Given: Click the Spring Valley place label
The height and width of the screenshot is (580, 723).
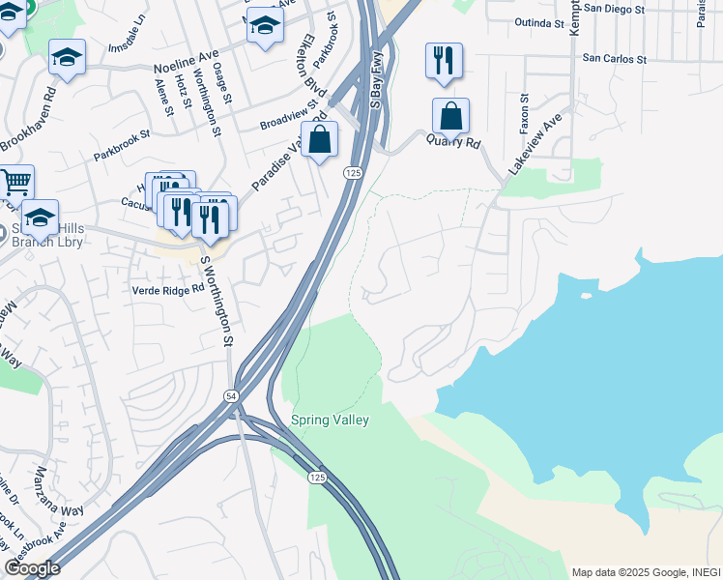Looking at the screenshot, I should pyautogui.click(x=330, y=420).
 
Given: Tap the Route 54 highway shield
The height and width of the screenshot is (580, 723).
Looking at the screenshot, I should pyautogui.click(x=231, y=396).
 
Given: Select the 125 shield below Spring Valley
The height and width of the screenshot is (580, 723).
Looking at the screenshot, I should pyautogui.click(x=317, y=478).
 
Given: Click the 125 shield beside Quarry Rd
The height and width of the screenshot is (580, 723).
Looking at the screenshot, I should pyautogui.click(x=353, y=172).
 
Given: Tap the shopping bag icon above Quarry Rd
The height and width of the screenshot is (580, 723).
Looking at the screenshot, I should pyautogui.click(x=450, y=117).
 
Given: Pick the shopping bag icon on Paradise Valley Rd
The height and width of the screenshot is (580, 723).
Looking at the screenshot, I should pyautogui.click(x=320, y=140).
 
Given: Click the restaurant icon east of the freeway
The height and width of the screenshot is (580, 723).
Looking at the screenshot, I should pyautogui.click(x=444, y=62).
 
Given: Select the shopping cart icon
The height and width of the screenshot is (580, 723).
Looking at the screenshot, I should pyautogui.click(x=14, y=182).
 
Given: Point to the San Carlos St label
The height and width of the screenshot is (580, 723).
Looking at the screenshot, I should pyautogui.click(x=614, y=58).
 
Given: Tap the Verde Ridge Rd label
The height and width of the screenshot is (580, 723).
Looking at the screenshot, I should pyautogui.click(x=169, y=289).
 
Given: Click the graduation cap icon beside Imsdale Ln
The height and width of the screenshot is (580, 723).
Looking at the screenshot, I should pyautogui.click(x=67, y=58).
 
